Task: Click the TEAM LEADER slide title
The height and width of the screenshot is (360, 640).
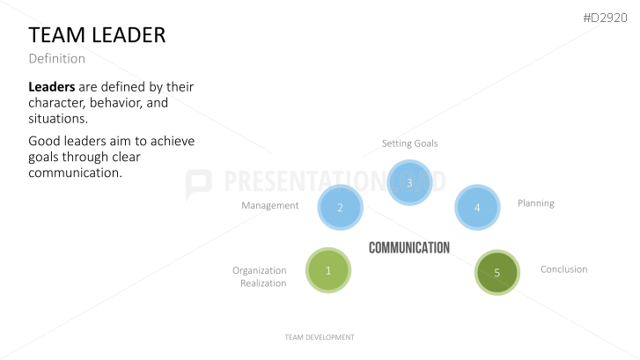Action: click(97, 35)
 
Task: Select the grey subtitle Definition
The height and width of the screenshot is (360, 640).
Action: click(56, 59)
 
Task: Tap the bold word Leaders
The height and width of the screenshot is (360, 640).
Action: click(52, 86)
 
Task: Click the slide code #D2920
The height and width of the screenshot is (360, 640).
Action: click(606, 18)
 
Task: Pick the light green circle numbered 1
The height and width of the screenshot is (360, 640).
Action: click(328, 270)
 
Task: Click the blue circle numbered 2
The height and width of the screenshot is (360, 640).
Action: click(341, 208)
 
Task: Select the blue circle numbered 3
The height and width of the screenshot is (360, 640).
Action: click(409, 182)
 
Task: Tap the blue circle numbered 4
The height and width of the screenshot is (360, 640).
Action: click(477, 208)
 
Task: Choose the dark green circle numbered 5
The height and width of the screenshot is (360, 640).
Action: click(497, 272)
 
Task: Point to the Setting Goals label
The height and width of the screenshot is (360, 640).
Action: click(410, 143)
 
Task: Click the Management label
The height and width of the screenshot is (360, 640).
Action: click(269, 205)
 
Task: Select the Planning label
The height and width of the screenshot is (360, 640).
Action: click(536, 203)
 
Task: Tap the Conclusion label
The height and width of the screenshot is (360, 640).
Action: click(564, 269)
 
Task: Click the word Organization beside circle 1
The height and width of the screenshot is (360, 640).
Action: click(260, 270)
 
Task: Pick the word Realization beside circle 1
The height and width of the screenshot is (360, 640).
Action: click(263, 283)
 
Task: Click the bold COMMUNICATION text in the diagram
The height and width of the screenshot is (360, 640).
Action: click(409, 247)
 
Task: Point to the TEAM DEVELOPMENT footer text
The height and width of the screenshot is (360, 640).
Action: click(320, 337)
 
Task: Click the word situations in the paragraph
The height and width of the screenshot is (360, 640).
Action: click(58, 119)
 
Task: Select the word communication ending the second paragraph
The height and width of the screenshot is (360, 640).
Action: click(75, 173)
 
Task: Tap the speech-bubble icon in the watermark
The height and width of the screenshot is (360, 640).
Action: click(199, 184)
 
